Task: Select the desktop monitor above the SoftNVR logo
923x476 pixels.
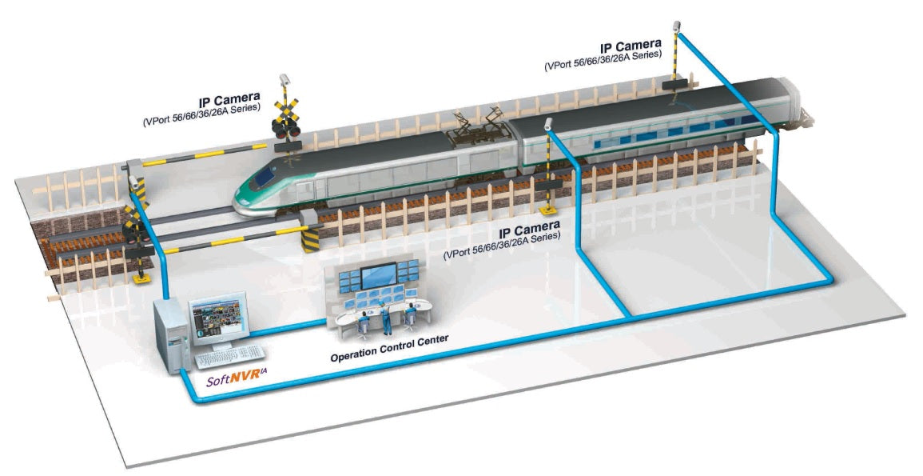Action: pos(217,317)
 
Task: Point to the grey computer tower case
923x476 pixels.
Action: pos(170,335)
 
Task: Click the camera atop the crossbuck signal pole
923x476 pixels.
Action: pos(284,81)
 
